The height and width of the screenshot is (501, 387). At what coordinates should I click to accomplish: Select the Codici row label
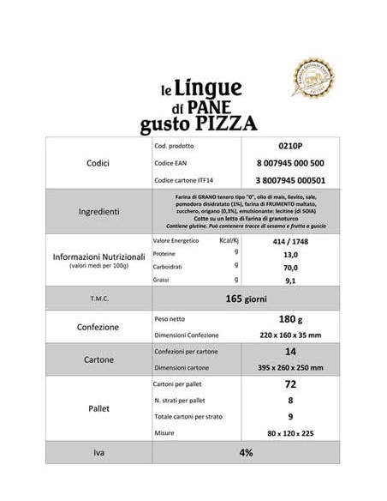point(98,162)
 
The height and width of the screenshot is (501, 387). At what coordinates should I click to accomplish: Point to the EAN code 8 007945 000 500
point(289,163)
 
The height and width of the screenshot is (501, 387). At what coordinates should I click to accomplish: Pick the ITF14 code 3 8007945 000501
point(289,180)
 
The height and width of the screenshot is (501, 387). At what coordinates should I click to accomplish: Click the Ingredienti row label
point(98,211)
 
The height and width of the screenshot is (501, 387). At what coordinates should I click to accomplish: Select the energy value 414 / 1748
point(289,243)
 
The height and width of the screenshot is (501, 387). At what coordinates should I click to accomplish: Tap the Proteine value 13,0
point(289,256)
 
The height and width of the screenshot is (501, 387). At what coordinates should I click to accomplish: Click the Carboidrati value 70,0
point(289,268)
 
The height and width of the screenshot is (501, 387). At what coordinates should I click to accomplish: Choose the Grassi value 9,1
point(289,281)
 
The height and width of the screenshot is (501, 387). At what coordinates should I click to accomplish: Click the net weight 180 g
point(289,318)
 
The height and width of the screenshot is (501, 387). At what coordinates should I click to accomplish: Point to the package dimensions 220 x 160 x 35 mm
point(289,335)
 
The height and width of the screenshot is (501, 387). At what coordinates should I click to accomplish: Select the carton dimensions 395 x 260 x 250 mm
point(289,367)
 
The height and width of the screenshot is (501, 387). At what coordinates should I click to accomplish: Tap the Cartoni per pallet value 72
point(289,384)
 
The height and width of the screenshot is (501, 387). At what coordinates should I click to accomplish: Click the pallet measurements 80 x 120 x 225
point(289,433)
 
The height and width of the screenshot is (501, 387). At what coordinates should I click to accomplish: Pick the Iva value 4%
point(246,452)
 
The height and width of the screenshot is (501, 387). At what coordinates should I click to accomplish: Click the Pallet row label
point(98,409)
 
